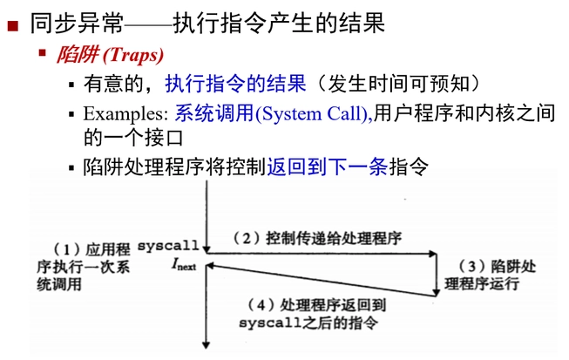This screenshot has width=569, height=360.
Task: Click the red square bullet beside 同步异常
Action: coord(13,25)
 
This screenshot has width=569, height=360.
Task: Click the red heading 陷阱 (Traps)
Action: coord(110,56)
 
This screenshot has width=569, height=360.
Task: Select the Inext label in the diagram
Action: coord(185,266)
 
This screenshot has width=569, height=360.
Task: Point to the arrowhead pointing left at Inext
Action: coord(213,267)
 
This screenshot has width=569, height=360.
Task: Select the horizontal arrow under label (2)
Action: coord(322,254)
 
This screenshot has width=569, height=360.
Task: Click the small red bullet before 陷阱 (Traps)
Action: coord(41,55)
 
